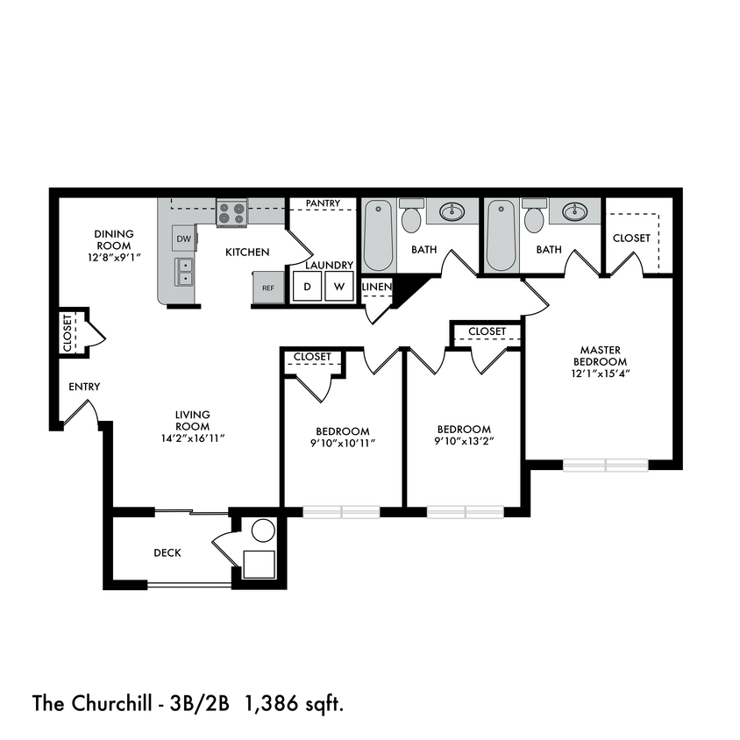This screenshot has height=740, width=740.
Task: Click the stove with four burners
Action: (231, 213)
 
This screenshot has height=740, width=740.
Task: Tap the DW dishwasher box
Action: (183, 238)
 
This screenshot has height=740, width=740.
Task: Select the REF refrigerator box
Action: (267, 288)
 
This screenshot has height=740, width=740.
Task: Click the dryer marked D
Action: (307, 287)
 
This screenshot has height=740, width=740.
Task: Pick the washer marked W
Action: (339, 287)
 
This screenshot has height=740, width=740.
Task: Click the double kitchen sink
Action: (184, 272)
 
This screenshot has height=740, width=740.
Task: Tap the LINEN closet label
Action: (375, 287)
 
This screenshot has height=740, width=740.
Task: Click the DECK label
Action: (167, 552)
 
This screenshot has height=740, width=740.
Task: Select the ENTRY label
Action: (84, 387)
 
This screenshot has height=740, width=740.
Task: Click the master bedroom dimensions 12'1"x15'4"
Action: (600, 373)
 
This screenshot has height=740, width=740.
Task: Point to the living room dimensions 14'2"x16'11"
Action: (193, 438)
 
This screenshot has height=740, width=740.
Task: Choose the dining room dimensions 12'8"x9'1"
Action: (114, 257)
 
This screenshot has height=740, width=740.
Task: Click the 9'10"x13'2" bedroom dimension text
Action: (464, 441)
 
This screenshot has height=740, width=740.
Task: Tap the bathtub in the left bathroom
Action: (379, 235)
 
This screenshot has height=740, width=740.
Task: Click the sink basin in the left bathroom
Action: (453, 211)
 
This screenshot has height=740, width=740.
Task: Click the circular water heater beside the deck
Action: (261, 530)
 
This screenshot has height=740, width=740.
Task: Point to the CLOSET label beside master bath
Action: (631, 238)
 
